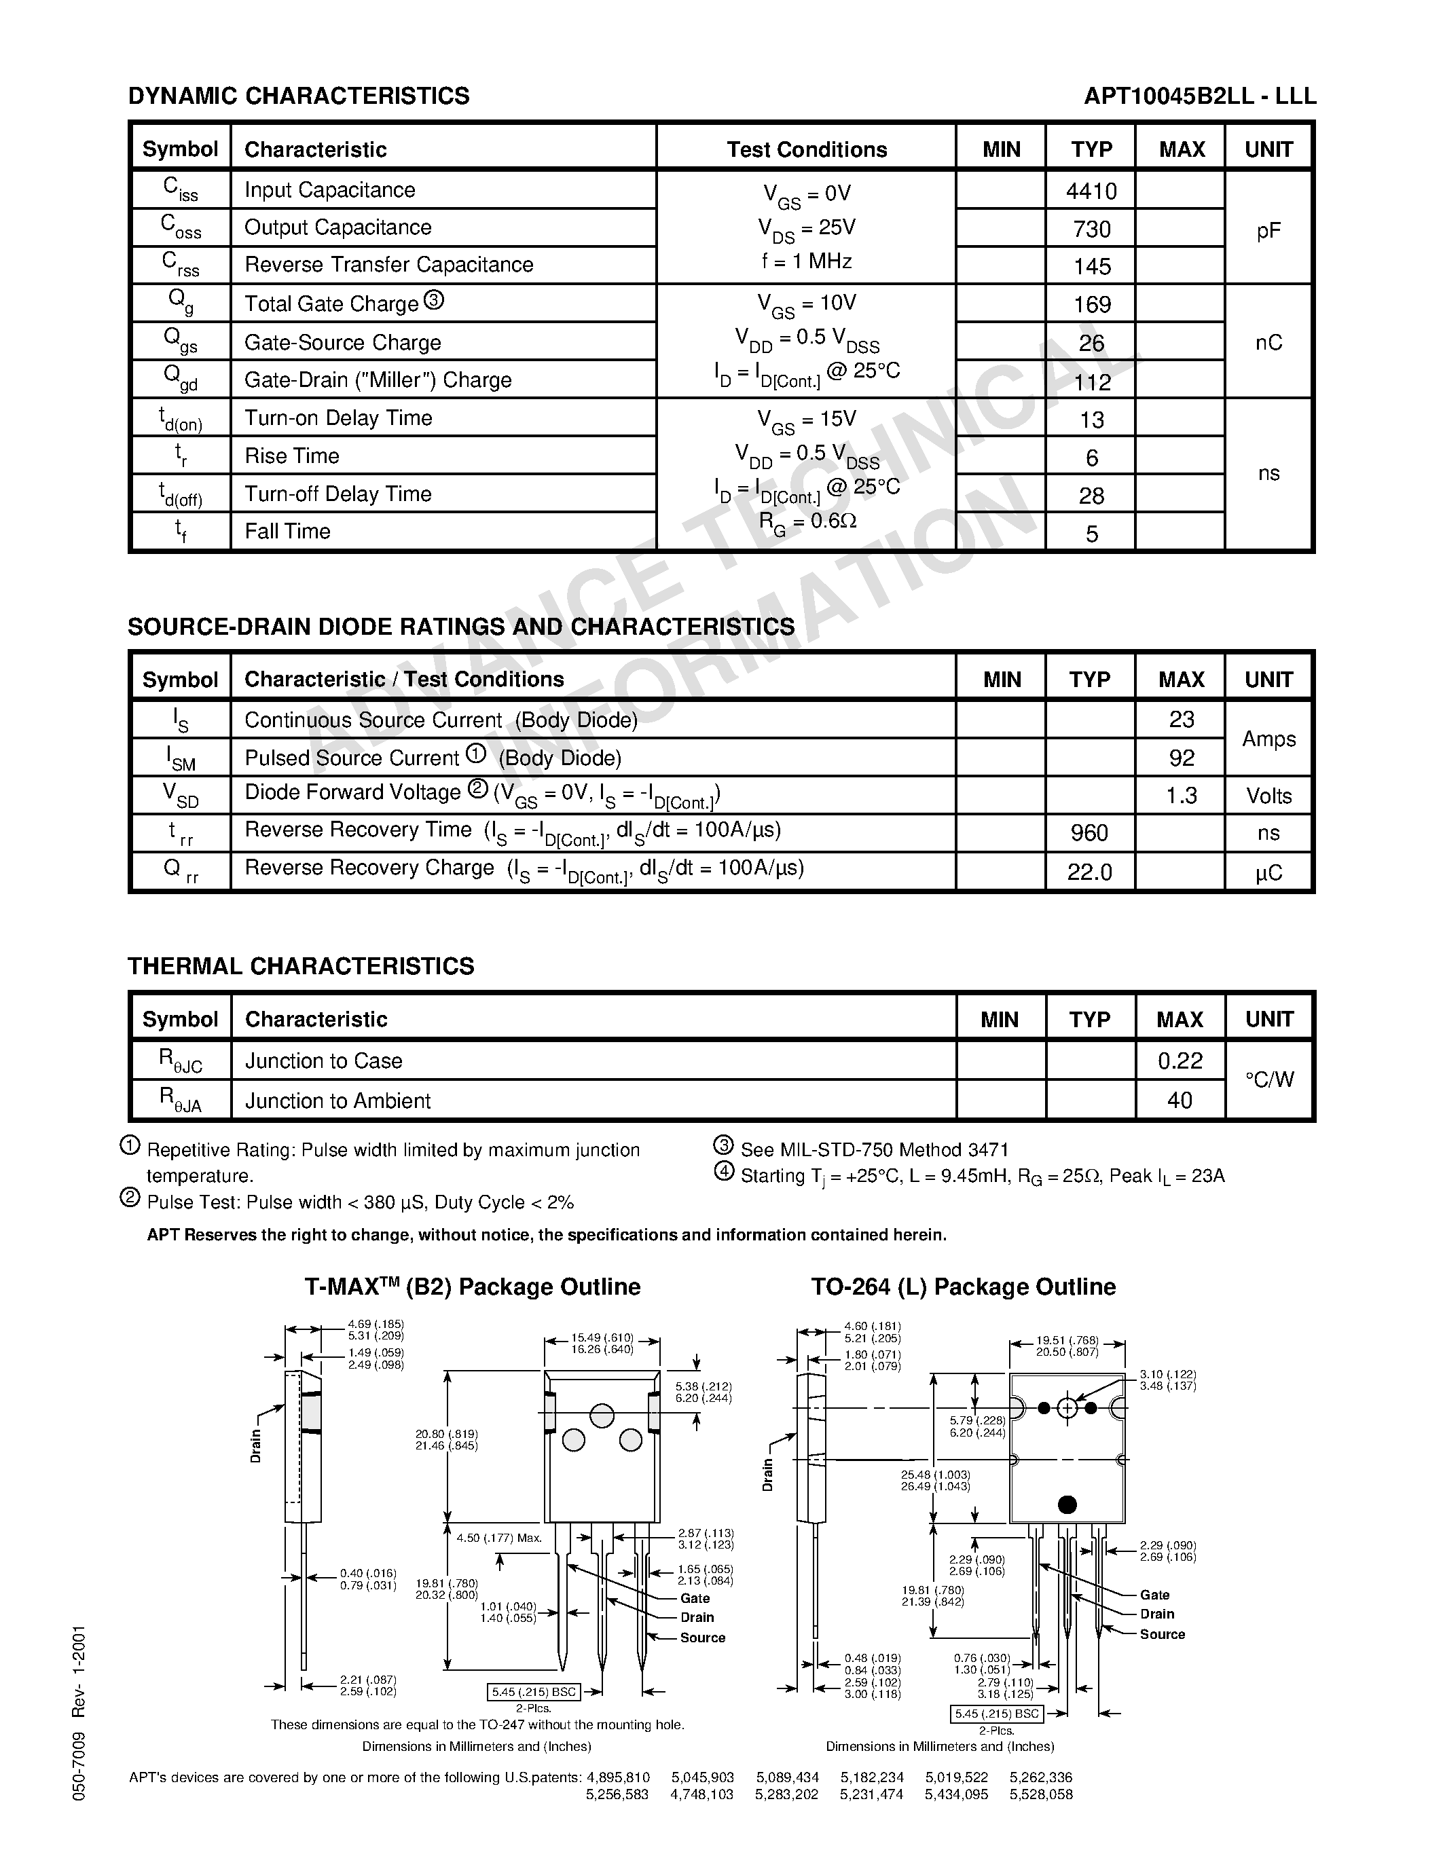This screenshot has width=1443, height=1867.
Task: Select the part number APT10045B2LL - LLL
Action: (x=1199, y=96)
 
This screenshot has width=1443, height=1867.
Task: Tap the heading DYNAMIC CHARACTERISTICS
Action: (x=298, y=96)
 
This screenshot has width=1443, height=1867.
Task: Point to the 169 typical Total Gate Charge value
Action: (x=1092, y=304)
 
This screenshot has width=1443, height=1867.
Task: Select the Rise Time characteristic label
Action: (x=291, y=456)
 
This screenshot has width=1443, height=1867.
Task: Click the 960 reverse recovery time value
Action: (x=1089, y=832)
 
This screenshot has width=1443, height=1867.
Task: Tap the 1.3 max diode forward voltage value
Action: (x=1181, y=796)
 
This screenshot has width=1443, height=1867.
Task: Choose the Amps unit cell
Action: (x=1268, y=739)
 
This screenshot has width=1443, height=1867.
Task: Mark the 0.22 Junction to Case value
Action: (x=1180, y=1061)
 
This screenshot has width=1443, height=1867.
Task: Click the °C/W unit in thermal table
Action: (x=1268, y=1079)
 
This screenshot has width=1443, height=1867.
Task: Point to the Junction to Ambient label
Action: (x=337, y=1101)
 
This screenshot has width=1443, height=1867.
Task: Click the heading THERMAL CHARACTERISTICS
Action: (x=301, y=966)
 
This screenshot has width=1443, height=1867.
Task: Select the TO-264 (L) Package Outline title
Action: (x=964, y=1287)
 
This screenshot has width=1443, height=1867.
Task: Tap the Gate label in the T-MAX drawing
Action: (x=695, y=1597)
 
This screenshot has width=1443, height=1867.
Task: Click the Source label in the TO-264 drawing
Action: (x=1162, y=1633)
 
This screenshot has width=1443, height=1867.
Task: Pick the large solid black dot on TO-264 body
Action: (x=1067, y=1504)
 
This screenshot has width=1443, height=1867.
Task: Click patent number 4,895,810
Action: (x=618, y=1777)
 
